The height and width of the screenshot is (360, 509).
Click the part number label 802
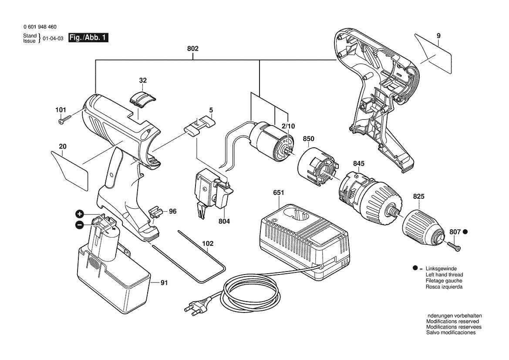(193, 48)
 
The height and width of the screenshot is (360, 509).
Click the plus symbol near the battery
(80, 214)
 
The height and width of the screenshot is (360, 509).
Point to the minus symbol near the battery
(80, 225)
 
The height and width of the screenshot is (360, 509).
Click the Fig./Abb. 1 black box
(88, 38)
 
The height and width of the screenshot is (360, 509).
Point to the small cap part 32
(142, 98)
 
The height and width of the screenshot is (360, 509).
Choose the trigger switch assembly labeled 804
(211, 192)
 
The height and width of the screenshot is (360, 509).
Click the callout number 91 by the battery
(163, 283)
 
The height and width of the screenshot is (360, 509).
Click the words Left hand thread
(444, 275)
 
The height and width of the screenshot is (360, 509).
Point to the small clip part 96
(155, 213)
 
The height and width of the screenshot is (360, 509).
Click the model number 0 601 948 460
(40, 27)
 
